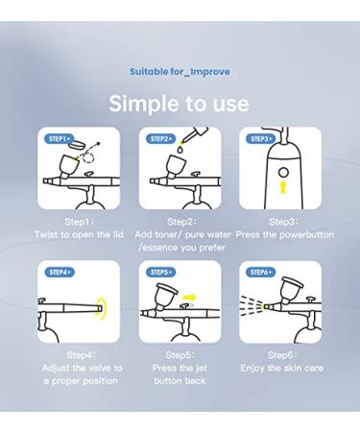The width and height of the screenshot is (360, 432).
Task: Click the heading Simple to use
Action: pyautogui.click(x=179, y=104)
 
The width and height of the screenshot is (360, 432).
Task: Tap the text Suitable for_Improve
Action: pyautogui.click(x=180, y=72)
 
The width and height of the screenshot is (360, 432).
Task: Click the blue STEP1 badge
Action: pyautogui.click(x=60, y=139)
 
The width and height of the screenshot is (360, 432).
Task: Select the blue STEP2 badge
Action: pyautogui.click(x=160, y=139)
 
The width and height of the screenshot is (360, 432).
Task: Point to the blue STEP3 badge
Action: pyautogui.click(x=261, y=139)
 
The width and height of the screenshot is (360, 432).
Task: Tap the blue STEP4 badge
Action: pyautogui.click(x=60, y=273)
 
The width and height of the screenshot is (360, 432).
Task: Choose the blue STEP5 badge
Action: pyautogui.click(x=160, y=273)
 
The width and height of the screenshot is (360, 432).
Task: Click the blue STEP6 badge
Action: pyautogui.click(x=261, y=273)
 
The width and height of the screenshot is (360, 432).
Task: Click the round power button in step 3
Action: pyautogui.click(x=283, y=173)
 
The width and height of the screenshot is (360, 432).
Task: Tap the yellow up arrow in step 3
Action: pyautogui.click(x=283, y=187)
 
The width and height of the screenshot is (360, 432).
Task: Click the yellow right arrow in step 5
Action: pyautogui.click(x=190, y=298)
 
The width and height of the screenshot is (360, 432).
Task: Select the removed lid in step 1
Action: pyautogui.click(x=77, y=145)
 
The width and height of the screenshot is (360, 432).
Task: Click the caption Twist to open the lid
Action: pyautogui.click(x=79, y=234)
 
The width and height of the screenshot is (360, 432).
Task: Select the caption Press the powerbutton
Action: pyautogui.click(x=285, y=234)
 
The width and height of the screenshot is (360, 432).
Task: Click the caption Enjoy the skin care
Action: pyautogui.click(x=282, y=368)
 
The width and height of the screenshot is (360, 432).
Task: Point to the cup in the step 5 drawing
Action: pyautogui.click(x=166, y=296)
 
